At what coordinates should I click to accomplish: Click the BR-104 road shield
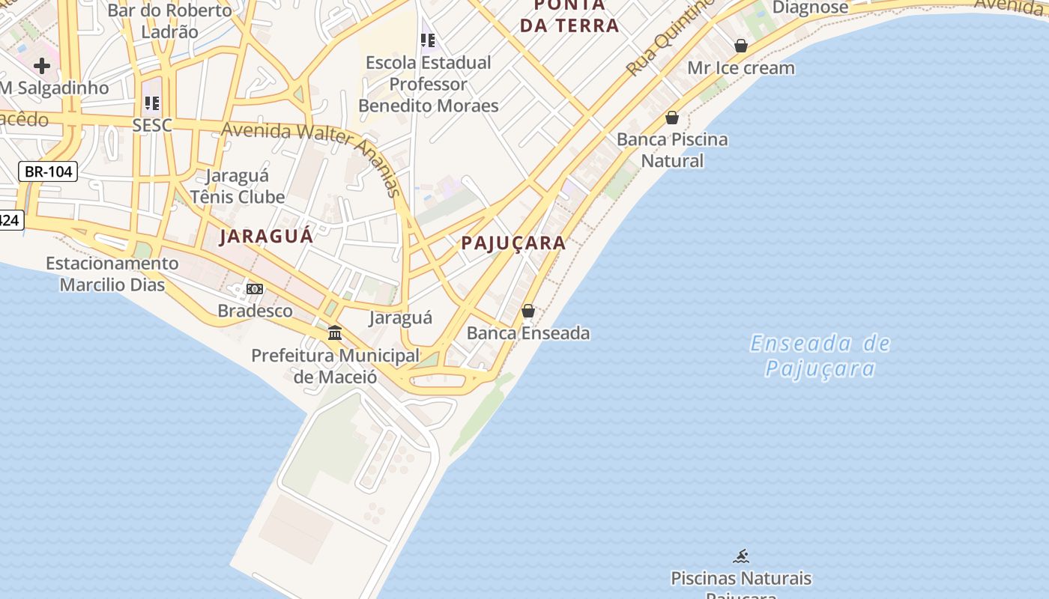click(x=48, y=171)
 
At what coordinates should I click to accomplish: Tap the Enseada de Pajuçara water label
click(x=820, y=356)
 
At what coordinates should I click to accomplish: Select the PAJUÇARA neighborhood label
click(x=513, y=243)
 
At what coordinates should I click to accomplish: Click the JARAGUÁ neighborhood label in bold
click(x=266, y=237)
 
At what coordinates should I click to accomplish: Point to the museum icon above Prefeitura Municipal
click(x=335, y=332)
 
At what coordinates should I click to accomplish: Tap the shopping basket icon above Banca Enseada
click(x=528, y=310)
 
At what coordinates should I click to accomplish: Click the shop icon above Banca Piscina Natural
click(x=672, y=118)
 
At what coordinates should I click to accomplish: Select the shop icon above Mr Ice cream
click(x=741, y=46)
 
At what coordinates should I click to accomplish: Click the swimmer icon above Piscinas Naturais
click(x=741, y=556)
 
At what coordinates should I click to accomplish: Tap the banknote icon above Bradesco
click(x=255, y=289)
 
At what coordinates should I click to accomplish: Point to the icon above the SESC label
click(x=152, y=103)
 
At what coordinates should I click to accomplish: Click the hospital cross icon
click(x=42, y=66)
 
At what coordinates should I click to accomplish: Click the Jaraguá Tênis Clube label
click(x=237, y=186)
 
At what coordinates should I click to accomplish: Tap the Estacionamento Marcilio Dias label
click(x=112, y=274)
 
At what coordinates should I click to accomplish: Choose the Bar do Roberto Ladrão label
click(x=170, y=21)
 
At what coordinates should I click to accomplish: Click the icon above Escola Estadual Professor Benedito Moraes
click(x=428, y=40)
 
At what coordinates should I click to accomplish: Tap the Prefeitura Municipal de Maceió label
click(x=335, y=365)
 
